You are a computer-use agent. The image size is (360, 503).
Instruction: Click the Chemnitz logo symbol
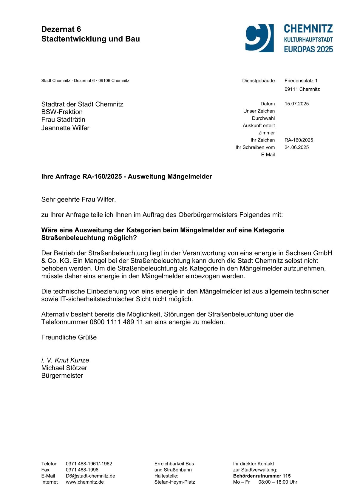tap(259, 38)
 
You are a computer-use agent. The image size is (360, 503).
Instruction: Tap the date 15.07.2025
tap(296, 104)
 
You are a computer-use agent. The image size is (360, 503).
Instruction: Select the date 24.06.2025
tap(296, 147)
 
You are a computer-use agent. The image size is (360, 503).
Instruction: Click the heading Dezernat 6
tap(61, 29)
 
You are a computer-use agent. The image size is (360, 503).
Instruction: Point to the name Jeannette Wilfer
tap(65, 128)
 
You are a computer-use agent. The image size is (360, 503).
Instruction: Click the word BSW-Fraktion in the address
tap(62, 112)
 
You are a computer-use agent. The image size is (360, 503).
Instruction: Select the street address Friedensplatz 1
tap(301, 81)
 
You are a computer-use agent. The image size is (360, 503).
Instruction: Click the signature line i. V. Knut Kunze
tap(65, 360)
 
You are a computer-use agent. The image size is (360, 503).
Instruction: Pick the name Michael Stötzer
tap(64, 368)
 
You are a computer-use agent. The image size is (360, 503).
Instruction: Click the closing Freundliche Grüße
tap(69, 337)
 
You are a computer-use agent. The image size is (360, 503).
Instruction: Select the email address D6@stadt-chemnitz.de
tap(90, 476)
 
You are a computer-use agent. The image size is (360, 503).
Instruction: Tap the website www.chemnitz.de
tap(85, 482)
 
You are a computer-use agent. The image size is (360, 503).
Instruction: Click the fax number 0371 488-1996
tap(82, 470)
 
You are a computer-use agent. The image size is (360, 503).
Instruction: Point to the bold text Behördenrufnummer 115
tap(262, 476)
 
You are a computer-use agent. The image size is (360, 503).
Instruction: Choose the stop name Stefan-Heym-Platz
tap(174, 482)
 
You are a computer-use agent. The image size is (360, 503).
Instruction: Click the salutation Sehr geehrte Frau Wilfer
tap(78, 199)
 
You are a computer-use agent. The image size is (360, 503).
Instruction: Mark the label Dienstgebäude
tap(258, 81)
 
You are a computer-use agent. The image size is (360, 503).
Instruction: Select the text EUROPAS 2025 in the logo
tap(308, 49)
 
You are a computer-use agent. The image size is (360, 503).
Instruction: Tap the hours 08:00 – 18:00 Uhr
tap(278, 482)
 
